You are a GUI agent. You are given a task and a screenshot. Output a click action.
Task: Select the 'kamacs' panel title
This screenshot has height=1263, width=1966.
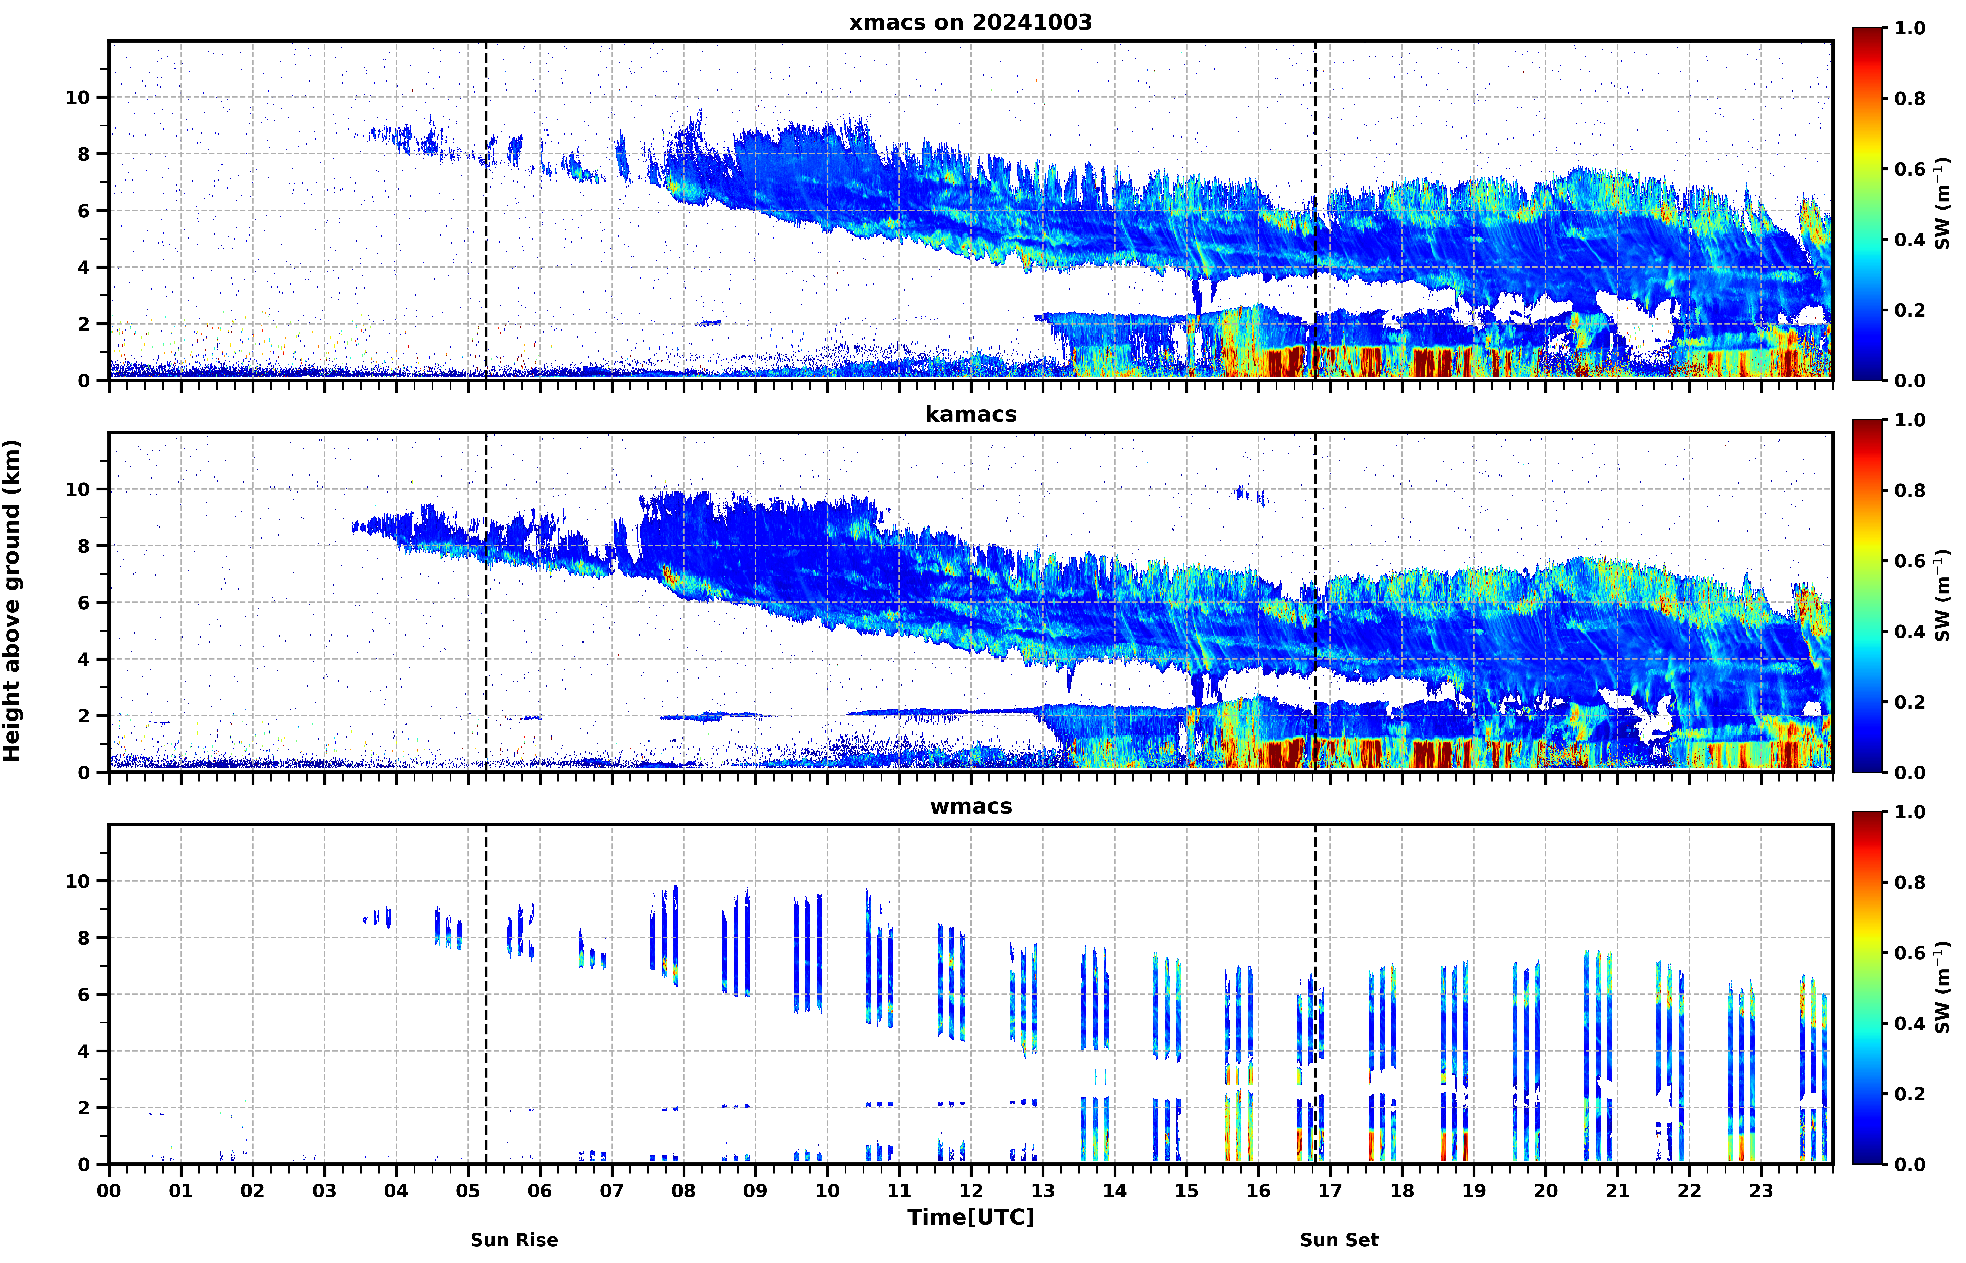(971, 414)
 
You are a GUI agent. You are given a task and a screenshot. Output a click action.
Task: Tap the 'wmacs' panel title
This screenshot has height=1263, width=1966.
(971, 806)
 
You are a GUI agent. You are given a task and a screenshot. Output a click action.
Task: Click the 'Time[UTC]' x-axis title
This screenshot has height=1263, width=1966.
(971, 1217)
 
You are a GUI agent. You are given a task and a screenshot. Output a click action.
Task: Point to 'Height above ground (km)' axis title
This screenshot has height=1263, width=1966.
(11, 600)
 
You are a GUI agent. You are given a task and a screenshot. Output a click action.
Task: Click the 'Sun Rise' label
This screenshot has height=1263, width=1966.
(514, 1240)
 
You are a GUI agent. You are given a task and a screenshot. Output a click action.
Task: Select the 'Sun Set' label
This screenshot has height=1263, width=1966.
(1339, 1240)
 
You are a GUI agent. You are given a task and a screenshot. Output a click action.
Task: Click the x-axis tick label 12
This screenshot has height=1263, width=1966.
(971, 1191)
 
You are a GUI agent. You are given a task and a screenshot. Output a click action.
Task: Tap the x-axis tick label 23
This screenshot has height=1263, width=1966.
(1761, 1191)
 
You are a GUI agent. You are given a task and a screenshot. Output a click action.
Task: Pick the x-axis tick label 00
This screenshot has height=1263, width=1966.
(109, 1191)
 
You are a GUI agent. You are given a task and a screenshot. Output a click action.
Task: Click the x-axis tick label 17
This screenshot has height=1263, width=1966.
(1330, 1191)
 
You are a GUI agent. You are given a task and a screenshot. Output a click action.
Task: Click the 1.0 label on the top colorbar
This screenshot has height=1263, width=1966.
(1910, 28)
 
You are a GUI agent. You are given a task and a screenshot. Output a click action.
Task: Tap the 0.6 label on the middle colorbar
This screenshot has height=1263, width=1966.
(1910, 561)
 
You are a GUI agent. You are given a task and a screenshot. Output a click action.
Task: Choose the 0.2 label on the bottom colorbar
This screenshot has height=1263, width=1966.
(1910, 1094)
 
